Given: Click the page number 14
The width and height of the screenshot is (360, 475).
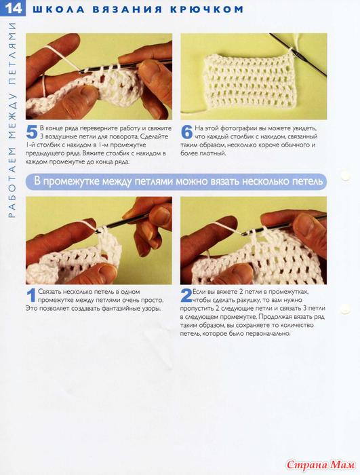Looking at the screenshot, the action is pyautogui.click(x=14, y=8).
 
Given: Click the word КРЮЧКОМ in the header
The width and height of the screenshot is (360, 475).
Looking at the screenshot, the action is pyautogui.click(x=207, y=9).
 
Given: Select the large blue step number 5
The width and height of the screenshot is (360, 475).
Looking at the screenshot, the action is pyautogui.click(x=32, y=132).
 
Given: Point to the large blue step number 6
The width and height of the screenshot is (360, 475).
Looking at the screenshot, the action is pyautogui.click(x=186, y=132).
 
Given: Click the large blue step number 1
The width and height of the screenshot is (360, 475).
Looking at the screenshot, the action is pyautogui.click(x=31, y=295).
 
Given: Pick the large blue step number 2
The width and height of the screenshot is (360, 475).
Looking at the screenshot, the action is pyautogui.click(x=186, y=295).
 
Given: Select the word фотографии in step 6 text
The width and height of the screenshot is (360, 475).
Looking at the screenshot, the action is pyautogui.click(x=237, y=128).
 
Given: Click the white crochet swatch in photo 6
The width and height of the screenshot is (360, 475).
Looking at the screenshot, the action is pyautogui.click(x=249, y=82).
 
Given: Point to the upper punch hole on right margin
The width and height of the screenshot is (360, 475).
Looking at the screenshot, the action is pyautogui.click(x=345, y=176).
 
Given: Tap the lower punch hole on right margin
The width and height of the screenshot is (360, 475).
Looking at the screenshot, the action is pyautogui.click(x=345, y=308).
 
